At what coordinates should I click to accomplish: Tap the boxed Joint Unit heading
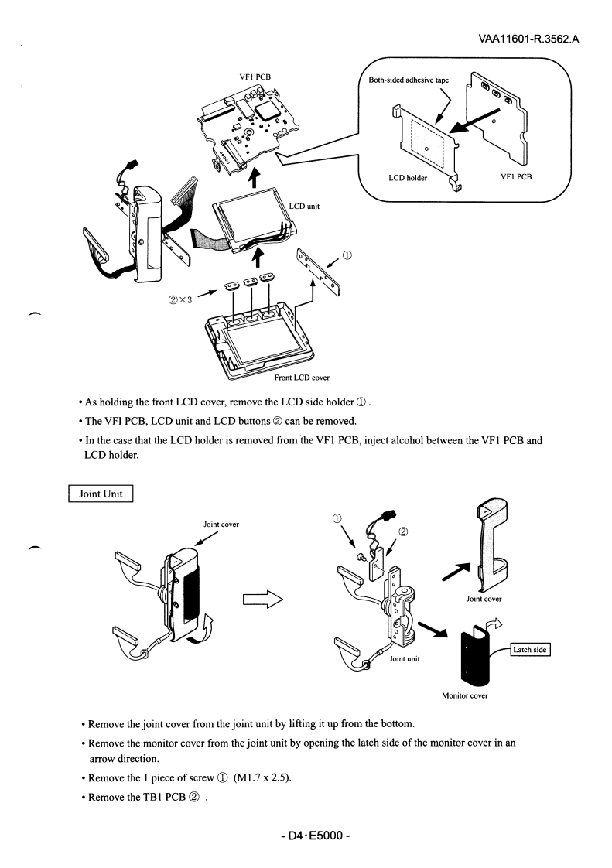pos(101,494)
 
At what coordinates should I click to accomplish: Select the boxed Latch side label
pos(529,650)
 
